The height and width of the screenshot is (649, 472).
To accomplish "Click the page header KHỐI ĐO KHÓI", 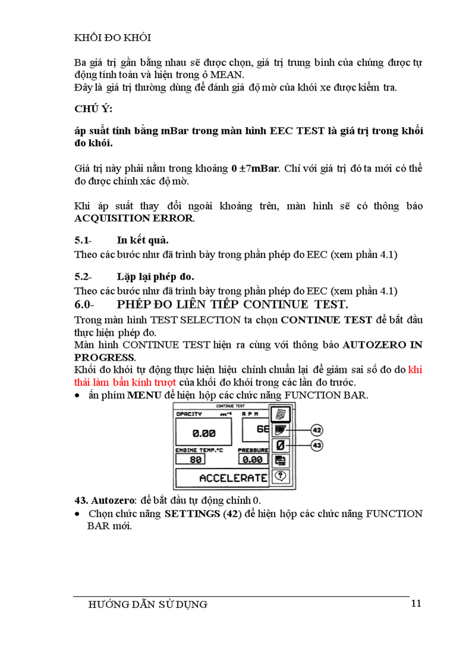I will (113, 38).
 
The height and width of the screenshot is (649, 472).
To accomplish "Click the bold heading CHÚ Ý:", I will (95, 109).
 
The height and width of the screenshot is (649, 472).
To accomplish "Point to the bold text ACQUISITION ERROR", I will (134, 219).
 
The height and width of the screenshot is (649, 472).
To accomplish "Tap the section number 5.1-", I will (85, 240).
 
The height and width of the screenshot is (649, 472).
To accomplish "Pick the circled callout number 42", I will (316, 430).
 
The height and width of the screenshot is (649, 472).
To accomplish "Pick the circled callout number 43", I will (316, 446).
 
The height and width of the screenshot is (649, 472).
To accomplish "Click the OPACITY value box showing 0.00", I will (204, 433).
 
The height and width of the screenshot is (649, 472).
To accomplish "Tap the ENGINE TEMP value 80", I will (196, 460).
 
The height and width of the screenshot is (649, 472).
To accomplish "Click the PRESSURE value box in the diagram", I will (253, 460).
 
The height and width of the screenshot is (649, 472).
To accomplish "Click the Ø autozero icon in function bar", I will (281, 446).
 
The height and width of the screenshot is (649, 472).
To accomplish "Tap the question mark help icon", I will (281, 476).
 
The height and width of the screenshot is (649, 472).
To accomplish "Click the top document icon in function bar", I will (281, 414).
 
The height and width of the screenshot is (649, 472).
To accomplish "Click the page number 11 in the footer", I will (416, 604).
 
